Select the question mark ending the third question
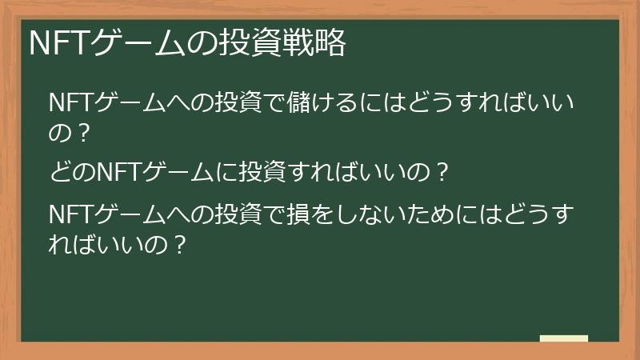179,242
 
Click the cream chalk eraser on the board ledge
564,339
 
